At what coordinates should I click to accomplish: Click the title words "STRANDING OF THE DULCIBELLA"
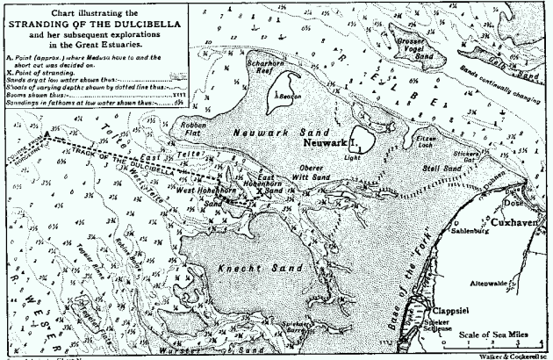(93, 24)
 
